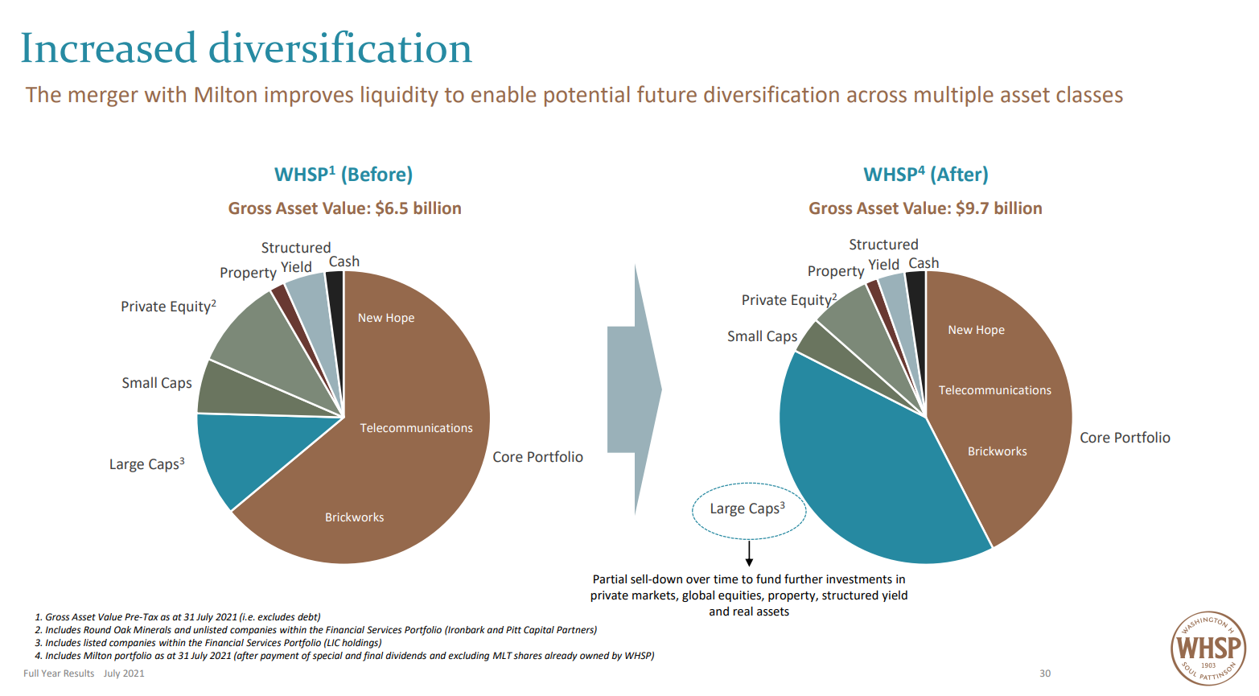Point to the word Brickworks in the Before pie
(x=354, y=517)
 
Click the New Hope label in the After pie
(x=976, y=330)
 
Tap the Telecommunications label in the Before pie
(x=416, y=428)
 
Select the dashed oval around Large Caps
(x=748, y=509)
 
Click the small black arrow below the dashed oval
(x=749, y=555)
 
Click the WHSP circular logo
(x=1208, y=649)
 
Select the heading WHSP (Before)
(x=344, y=175)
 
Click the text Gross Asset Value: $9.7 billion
(x=925, y=208)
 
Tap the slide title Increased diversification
(x=246, y=48)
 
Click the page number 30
(x=1045, y=673)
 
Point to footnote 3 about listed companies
(x=208, y=643)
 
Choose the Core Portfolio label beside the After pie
(x=1125, y=438)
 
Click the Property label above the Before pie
(x=248, y=273)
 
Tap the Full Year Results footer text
(x=59, y=673)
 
